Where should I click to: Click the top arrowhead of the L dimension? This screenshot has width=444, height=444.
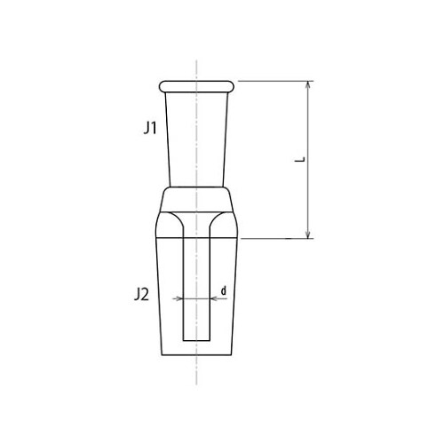pyautogui.click(x=308, y=86)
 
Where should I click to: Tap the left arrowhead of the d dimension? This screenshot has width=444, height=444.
pyautogui.click(x=179, y=299)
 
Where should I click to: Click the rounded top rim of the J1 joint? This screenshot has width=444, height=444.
pyautogui.click(x=196, y=85)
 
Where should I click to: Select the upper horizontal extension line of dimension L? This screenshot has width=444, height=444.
pyautogui.click(x=275, y=82)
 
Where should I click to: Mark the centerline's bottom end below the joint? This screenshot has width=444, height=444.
pyautogui.click(x=196, y=377)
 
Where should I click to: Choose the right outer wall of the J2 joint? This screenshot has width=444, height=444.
pyautogui.click(x=237, y=293)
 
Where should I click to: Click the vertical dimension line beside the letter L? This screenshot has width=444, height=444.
pyautogui.click(x=308, y=195)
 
